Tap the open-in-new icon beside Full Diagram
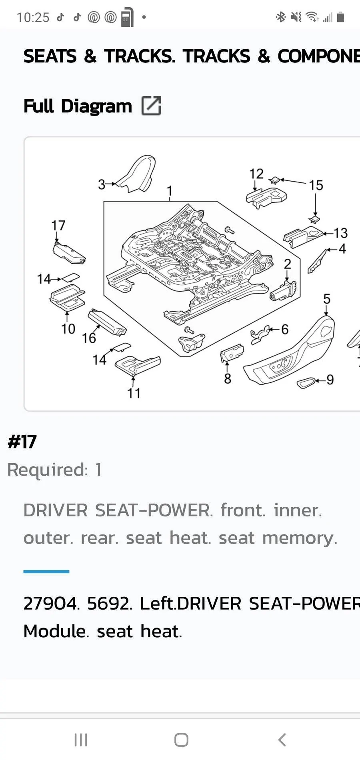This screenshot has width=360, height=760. tap(151, 106)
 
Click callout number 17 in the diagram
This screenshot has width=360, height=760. tap(58, 226)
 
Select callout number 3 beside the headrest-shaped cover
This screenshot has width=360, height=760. tap(102, 184)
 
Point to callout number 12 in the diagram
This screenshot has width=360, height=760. tap(256, 174)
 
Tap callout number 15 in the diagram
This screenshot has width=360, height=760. tap(316, 185)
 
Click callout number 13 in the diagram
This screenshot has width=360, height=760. tap(341, 233)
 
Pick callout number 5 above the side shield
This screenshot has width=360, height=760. tap(327, 299)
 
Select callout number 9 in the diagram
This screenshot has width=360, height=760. tap(330, 380)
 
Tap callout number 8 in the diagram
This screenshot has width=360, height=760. tap(228, 378)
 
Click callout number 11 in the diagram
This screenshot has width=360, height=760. tap(134, 393)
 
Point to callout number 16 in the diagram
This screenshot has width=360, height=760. tap(89, 338)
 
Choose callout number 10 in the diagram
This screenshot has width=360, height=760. tap(68, 329)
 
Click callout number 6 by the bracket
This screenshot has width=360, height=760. tap(285, 329)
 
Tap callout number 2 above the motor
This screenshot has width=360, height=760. tap(287, 264)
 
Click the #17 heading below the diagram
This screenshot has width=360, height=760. tap(22, 442)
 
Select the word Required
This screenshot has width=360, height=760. tap(47, 470)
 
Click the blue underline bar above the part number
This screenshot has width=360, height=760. tap(46, 572)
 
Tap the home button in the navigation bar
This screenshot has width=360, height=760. tap(181, 740)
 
